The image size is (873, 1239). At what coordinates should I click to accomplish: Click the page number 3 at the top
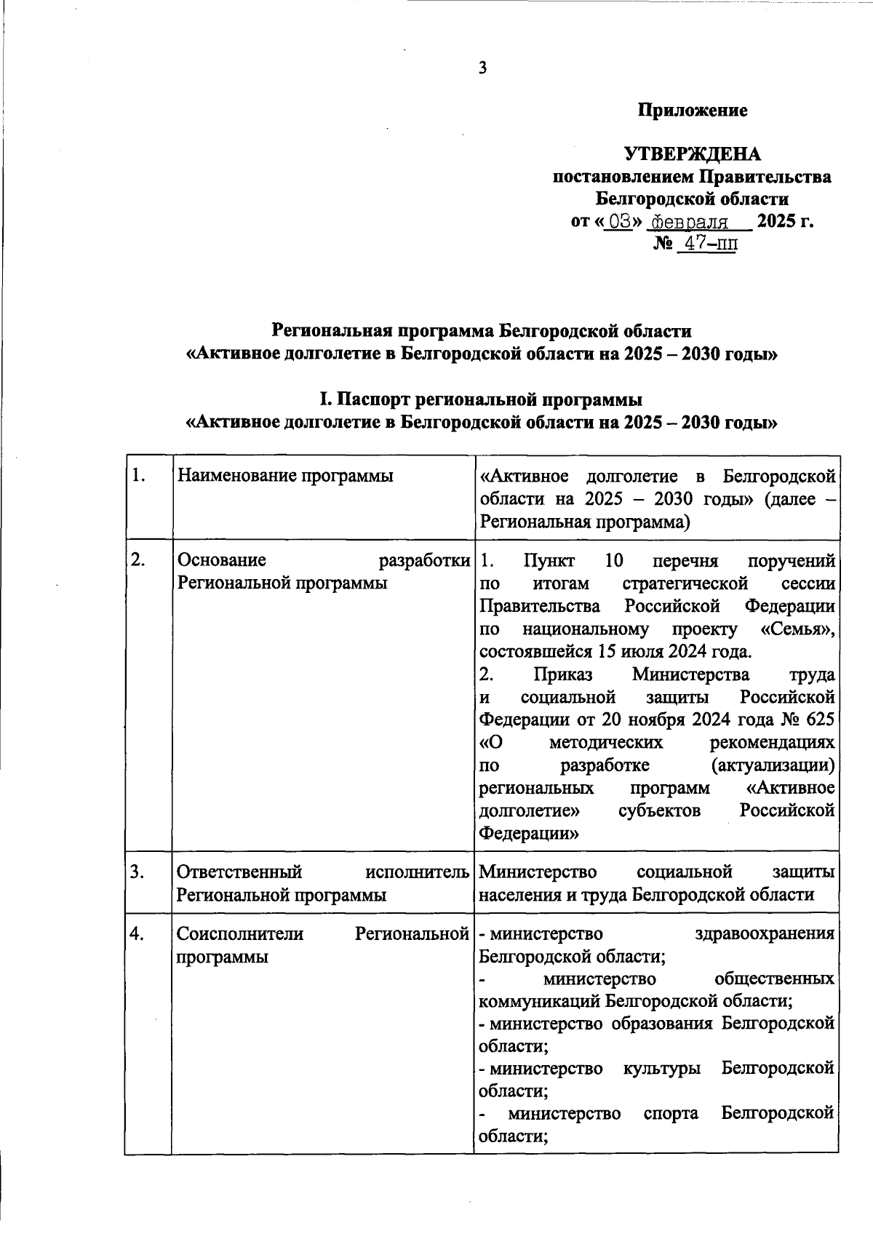(482, 68)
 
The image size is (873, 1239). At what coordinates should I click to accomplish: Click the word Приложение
(693, 111)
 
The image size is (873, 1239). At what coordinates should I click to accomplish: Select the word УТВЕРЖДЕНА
(693, 154)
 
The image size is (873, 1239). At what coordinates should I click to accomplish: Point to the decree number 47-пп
(707, 244)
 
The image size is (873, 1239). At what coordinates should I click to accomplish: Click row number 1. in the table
(139, 477)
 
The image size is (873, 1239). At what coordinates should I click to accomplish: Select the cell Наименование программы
(285, 477)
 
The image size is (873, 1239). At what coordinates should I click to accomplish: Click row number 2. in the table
(139, 560)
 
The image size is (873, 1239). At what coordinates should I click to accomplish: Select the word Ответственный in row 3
(239, 872)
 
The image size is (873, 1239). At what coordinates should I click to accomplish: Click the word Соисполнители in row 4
(241, 933)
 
